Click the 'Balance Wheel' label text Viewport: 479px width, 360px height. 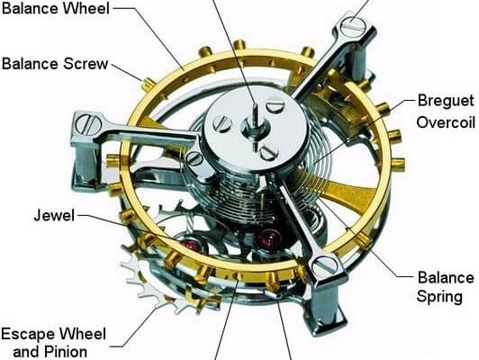(55, 8)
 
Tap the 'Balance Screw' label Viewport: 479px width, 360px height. (55, 64)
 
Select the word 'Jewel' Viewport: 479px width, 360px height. (54, 215)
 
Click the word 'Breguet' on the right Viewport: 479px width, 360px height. (446, 101)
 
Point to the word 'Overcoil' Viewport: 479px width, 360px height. (446, 122)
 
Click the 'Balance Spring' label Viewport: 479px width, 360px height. (446, 287)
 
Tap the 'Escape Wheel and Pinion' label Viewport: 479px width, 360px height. (54, 343)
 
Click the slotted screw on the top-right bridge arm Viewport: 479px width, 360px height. (354, 25)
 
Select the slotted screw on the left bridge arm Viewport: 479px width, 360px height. (88, 124)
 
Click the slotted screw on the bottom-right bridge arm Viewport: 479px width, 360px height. (325, 265)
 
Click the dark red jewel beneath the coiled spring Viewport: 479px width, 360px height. (270, 238)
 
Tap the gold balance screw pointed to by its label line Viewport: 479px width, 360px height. (149, 85)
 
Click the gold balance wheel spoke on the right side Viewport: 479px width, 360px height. (348, 192)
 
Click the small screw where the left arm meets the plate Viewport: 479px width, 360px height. (194, 158)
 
